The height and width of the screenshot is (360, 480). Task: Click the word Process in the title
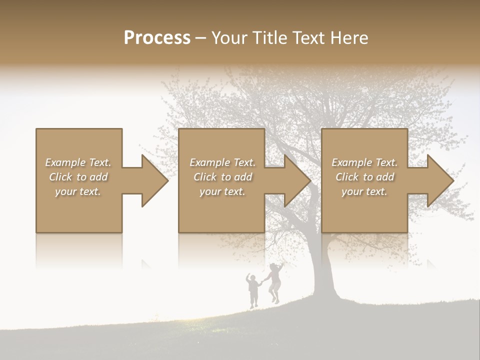[157, 38]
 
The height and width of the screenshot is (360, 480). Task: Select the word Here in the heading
[348, 38]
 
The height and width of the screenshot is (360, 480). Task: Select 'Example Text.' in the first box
[78, 162]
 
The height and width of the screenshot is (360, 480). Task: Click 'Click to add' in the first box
[78, 177]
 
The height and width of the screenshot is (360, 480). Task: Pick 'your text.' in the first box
[78, 191]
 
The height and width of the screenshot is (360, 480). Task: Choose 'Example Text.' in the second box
[222, 162]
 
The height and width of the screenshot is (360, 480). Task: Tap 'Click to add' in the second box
[222, 177]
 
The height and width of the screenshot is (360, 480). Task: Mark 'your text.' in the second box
[222, 191]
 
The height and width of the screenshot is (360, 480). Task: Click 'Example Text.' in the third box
[364, 162]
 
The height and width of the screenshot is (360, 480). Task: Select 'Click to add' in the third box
[364, 177]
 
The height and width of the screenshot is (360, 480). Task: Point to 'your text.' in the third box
[364, 191]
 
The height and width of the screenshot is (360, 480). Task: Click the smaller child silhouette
[253, 289]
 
